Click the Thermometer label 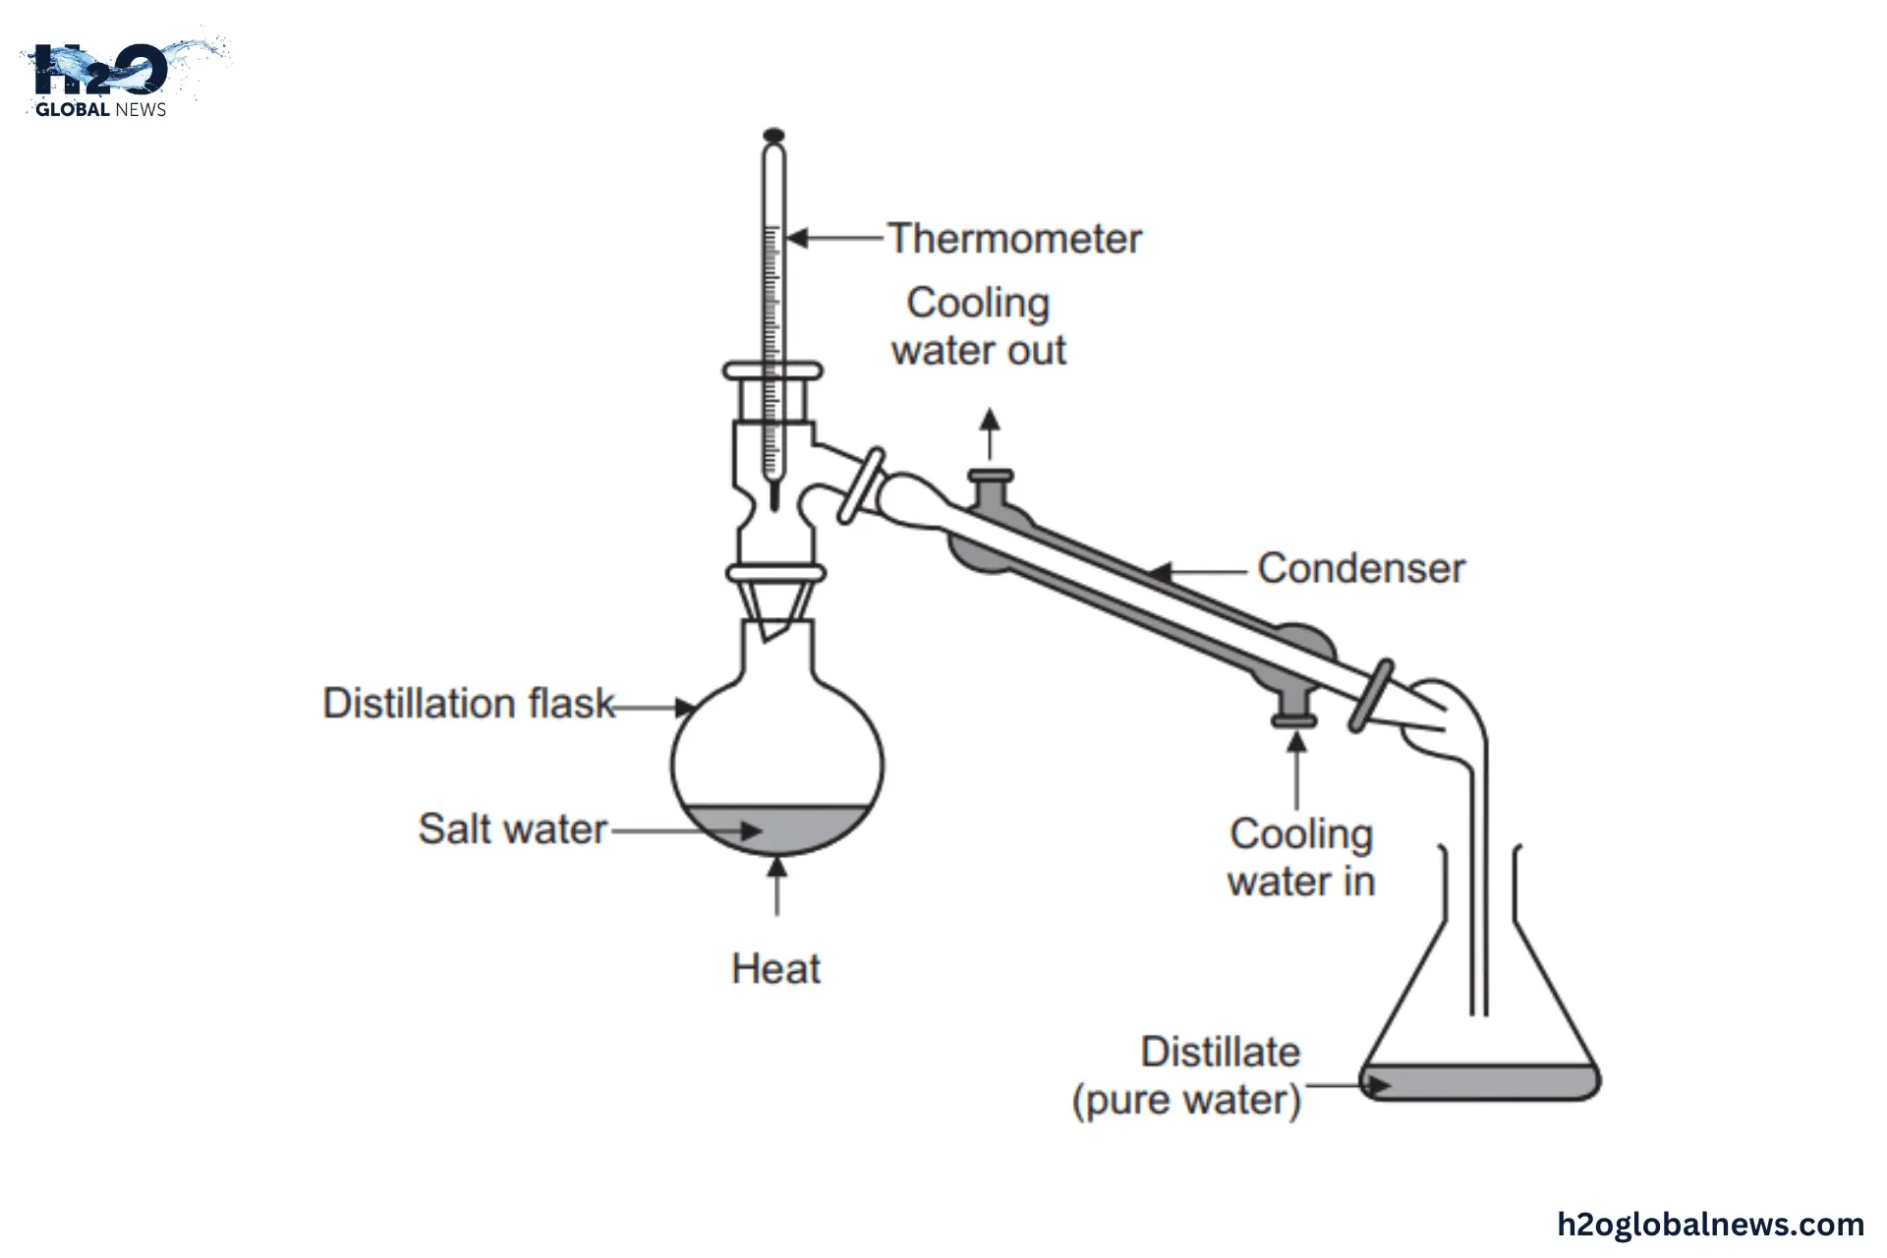pyautogui.click(x=1014, y=239)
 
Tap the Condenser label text pyautogui.click(x=1361, y=569)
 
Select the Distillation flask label pyautogui.click(x=469, y=704)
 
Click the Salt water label pyautogui.click(x=512, y=829)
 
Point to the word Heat pyautogui.click(x=775, y=969)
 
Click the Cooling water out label pyautogui.click(x=979, y=326)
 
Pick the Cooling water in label pyautogui.click(x=1300, y=857)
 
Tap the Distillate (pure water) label pyautogui.click(x=1187, y=1076)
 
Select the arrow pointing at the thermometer pyautogui.click(x=835, y=238)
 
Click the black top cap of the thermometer pyautogui.click(x=774, y=135)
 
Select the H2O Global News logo pyautogui.click(x=108, y=79)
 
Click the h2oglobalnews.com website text pyautogui.click(x=1710, y=1225)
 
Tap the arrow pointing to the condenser pyautogui.click(x=1199, y=570)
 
